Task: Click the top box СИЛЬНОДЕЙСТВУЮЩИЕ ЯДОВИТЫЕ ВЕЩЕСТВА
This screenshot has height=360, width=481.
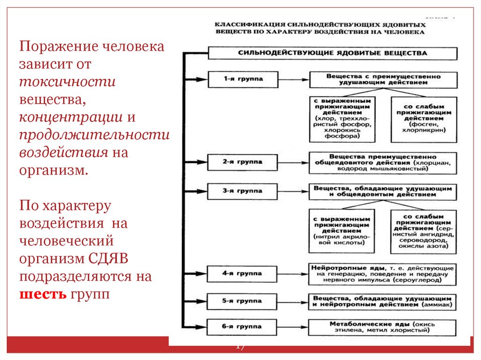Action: pos(332,53)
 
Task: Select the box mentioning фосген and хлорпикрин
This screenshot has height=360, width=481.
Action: pos(423,119)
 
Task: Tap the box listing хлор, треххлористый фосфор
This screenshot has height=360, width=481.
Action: pos(342,119)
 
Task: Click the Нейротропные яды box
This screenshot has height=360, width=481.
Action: pos(382,273)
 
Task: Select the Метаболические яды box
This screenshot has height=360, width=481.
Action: pos(382,327)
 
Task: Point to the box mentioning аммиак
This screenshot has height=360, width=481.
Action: pos(382,301)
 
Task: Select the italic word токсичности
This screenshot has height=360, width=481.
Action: pos(67,81)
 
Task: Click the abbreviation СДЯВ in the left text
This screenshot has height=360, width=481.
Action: pos(114,259)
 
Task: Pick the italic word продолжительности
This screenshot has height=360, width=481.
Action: pos(94,135)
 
